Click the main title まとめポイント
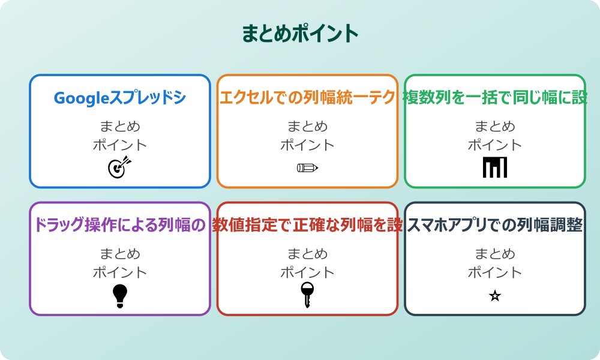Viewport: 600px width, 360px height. click(300, 34)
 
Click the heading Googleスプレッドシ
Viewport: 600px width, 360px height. click(120, 98)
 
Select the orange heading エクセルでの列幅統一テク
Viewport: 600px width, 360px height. click(307, 98)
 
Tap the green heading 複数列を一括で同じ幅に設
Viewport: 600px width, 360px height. click(495, 98)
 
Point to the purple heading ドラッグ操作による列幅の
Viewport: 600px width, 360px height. click(120, 225)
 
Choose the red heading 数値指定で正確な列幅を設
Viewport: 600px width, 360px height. click(307, 225)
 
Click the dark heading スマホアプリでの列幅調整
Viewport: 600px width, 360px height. click(495, 225)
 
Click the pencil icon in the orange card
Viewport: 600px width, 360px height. click(307, 167)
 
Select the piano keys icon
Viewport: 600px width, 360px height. click(495, 167)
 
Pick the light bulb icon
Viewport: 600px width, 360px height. click(120, 295)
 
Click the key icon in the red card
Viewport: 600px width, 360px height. click(307, 295)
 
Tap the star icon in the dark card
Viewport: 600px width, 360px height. click(495, 295)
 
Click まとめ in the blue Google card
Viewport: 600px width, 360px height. click(120, 127)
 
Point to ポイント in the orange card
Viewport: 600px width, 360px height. click(307, 145)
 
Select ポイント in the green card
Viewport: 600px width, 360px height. click(495, 145)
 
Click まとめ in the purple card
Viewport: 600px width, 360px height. click(120, 254)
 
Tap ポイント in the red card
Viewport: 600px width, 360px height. click(307, 272)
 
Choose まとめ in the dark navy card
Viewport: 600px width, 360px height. click(495, 254)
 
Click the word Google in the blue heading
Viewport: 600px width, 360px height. click(80, 98)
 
